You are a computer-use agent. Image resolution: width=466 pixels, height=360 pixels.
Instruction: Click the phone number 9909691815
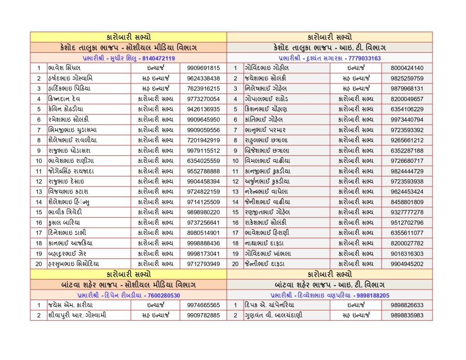coord(203,68)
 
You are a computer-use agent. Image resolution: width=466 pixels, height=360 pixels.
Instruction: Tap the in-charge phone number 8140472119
coord(158,58)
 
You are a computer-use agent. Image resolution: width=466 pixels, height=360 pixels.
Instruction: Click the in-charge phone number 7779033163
coord(363,58)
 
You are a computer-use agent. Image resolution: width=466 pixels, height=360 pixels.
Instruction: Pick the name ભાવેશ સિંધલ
coord(64,68)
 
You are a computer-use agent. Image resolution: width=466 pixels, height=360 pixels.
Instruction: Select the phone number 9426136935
coord(203,109)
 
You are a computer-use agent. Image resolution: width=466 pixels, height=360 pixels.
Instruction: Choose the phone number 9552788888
coord(203,171)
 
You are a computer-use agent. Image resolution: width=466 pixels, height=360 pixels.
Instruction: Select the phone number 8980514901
coord(203,233)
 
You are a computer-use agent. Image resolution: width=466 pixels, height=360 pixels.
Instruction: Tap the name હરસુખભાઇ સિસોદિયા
coord(73,264)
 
